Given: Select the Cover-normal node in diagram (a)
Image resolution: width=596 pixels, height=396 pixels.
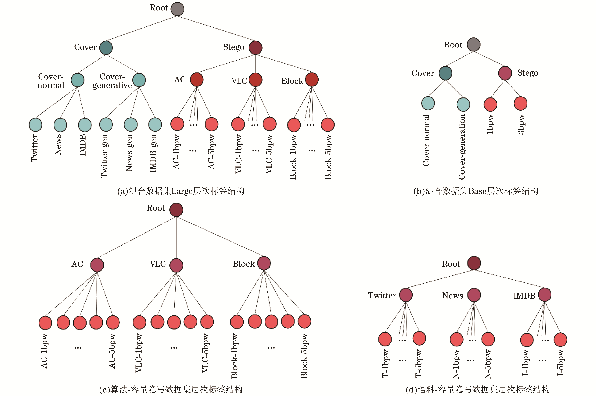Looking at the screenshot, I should pyautogui.click(x=77, y=80).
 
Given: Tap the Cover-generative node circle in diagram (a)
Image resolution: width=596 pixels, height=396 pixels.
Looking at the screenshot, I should pyautogui.click(x=139, y=80).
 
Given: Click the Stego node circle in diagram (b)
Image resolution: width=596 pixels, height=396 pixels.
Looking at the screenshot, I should pyautogui.click(x=505, y=73).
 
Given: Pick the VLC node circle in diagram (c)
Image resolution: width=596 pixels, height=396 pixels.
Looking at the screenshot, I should pyautogui.click(x=176, y=265).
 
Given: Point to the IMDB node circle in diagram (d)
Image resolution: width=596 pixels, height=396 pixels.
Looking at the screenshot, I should pyautogui.click(x=545, y=295).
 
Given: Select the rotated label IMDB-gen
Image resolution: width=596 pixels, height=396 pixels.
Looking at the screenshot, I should pyautogui.click(x=153, y=153).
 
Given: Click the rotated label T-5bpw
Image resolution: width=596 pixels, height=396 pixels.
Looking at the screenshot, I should pyautogui.click(x=419, y=364).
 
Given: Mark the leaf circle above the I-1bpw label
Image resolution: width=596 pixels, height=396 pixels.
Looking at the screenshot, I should pyautogui.click(x=527, y=340).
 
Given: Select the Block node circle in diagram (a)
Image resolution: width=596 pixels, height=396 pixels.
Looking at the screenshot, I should pyautogui.click(x=312, y=80).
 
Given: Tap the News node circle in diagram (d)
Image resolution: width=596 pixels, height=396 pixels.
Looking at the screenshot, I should pyautogui.click(x=474, y=295).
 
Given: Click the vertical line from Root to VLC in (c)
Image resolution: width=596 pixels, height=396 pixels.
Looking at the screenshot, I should pyautogui.click(x=176, y=237).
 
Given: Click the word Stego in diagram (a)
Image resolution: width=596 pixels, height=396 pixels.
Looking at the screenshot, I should pyautogui.click(x=234, y=47).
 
